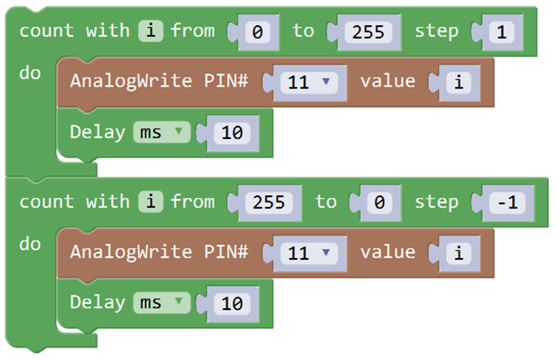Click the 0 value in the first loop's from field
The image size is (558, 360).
[258, 33]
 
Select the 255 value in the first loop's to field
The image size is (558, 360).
[368, 33]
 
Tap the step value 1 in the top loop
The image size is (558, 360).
[501, 33]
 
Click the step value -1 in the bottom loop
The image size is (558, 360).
[508, 203]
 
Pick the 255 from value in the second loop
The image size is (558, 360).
[268, 203]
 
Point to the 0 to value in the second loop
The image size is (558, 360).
[379, 203]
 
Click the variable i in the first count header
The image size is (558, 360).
[151, 31]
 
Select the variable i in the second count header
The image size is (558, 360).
[151, 201]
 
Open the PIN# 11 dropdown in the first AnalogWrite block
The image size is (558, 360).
[309, 82]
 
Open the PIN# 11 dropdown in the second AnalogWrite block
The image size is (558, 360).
[309, 253]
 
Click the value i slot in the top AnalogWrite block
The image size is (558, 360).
[459, 82]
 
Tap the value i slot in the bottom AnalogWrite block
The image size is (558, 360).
[459, 253]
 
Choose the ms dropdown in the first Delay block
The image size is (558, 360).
[162, 132]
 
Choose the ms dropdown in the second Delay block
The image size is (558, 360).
[162, 303]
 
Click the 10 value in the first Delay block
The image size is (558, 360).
[232, 133]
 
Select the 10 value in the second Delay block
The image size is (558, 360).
[232, 304]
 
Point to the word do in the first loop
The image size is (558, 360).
[30, 73]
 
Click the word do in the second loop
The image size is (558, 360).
[30, 244]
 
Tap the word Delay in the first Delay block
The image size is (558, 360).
[97, 132]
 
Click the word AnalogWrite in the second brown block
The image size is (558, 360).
[131, 252]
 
